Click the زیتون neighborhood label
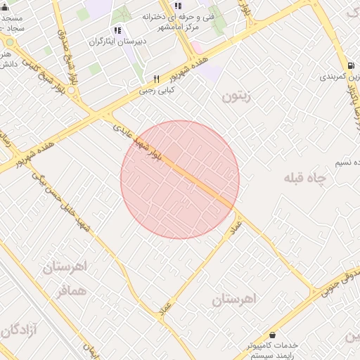point(236,97)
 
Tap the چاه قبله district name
point(306,179)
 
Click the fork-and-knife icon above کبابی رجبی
point(157,79)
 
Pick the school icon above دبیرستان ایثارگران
point(117,30)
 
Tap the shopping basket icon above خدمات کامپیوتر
point(272,335)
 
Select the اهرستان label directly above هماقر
point(63,267)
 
